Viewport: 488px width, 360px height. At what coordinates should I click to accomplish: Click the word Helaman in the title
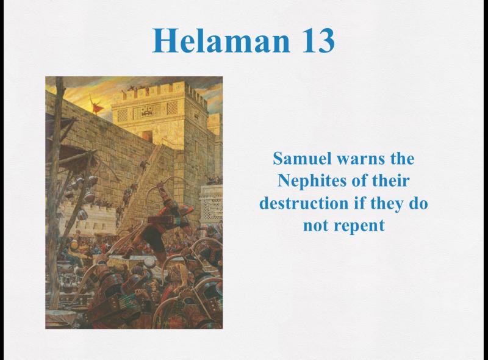(221, 40)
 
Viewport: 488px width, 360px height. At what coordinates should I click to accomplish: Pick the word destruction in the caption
(304, 203)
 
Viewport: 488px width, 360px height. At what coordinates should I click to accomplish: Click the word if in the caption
(359, 203)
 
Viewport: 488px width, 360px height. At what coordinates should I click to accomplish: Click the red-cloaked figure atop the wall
(97, 105)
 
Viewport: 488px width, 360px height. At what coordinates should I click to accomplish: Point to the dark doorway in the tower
(148, 135)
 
